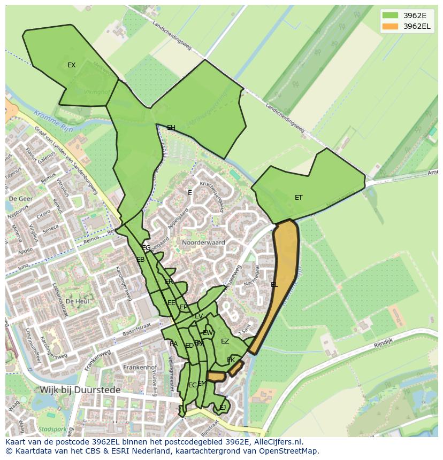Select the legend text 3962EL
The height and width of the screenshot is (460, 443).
[417, 26]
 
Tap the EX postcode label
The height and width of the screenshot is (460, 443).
[71, 65]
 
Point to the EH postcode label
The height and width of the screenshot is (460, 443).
[171, 128]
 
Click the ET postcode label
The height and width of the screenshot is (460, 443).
[299, 198]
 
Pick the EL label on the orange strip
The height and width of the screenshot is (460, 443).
[274, 285]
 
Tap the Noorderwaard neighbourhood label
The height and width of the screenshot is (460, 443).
[203, 243]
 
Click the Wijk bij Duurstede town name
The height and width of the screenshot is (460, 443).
[80, 390]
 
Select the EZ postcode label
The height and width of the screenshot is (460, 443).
[225, 341]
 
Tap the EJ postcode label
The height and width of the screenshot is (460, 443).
[222, 408]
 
